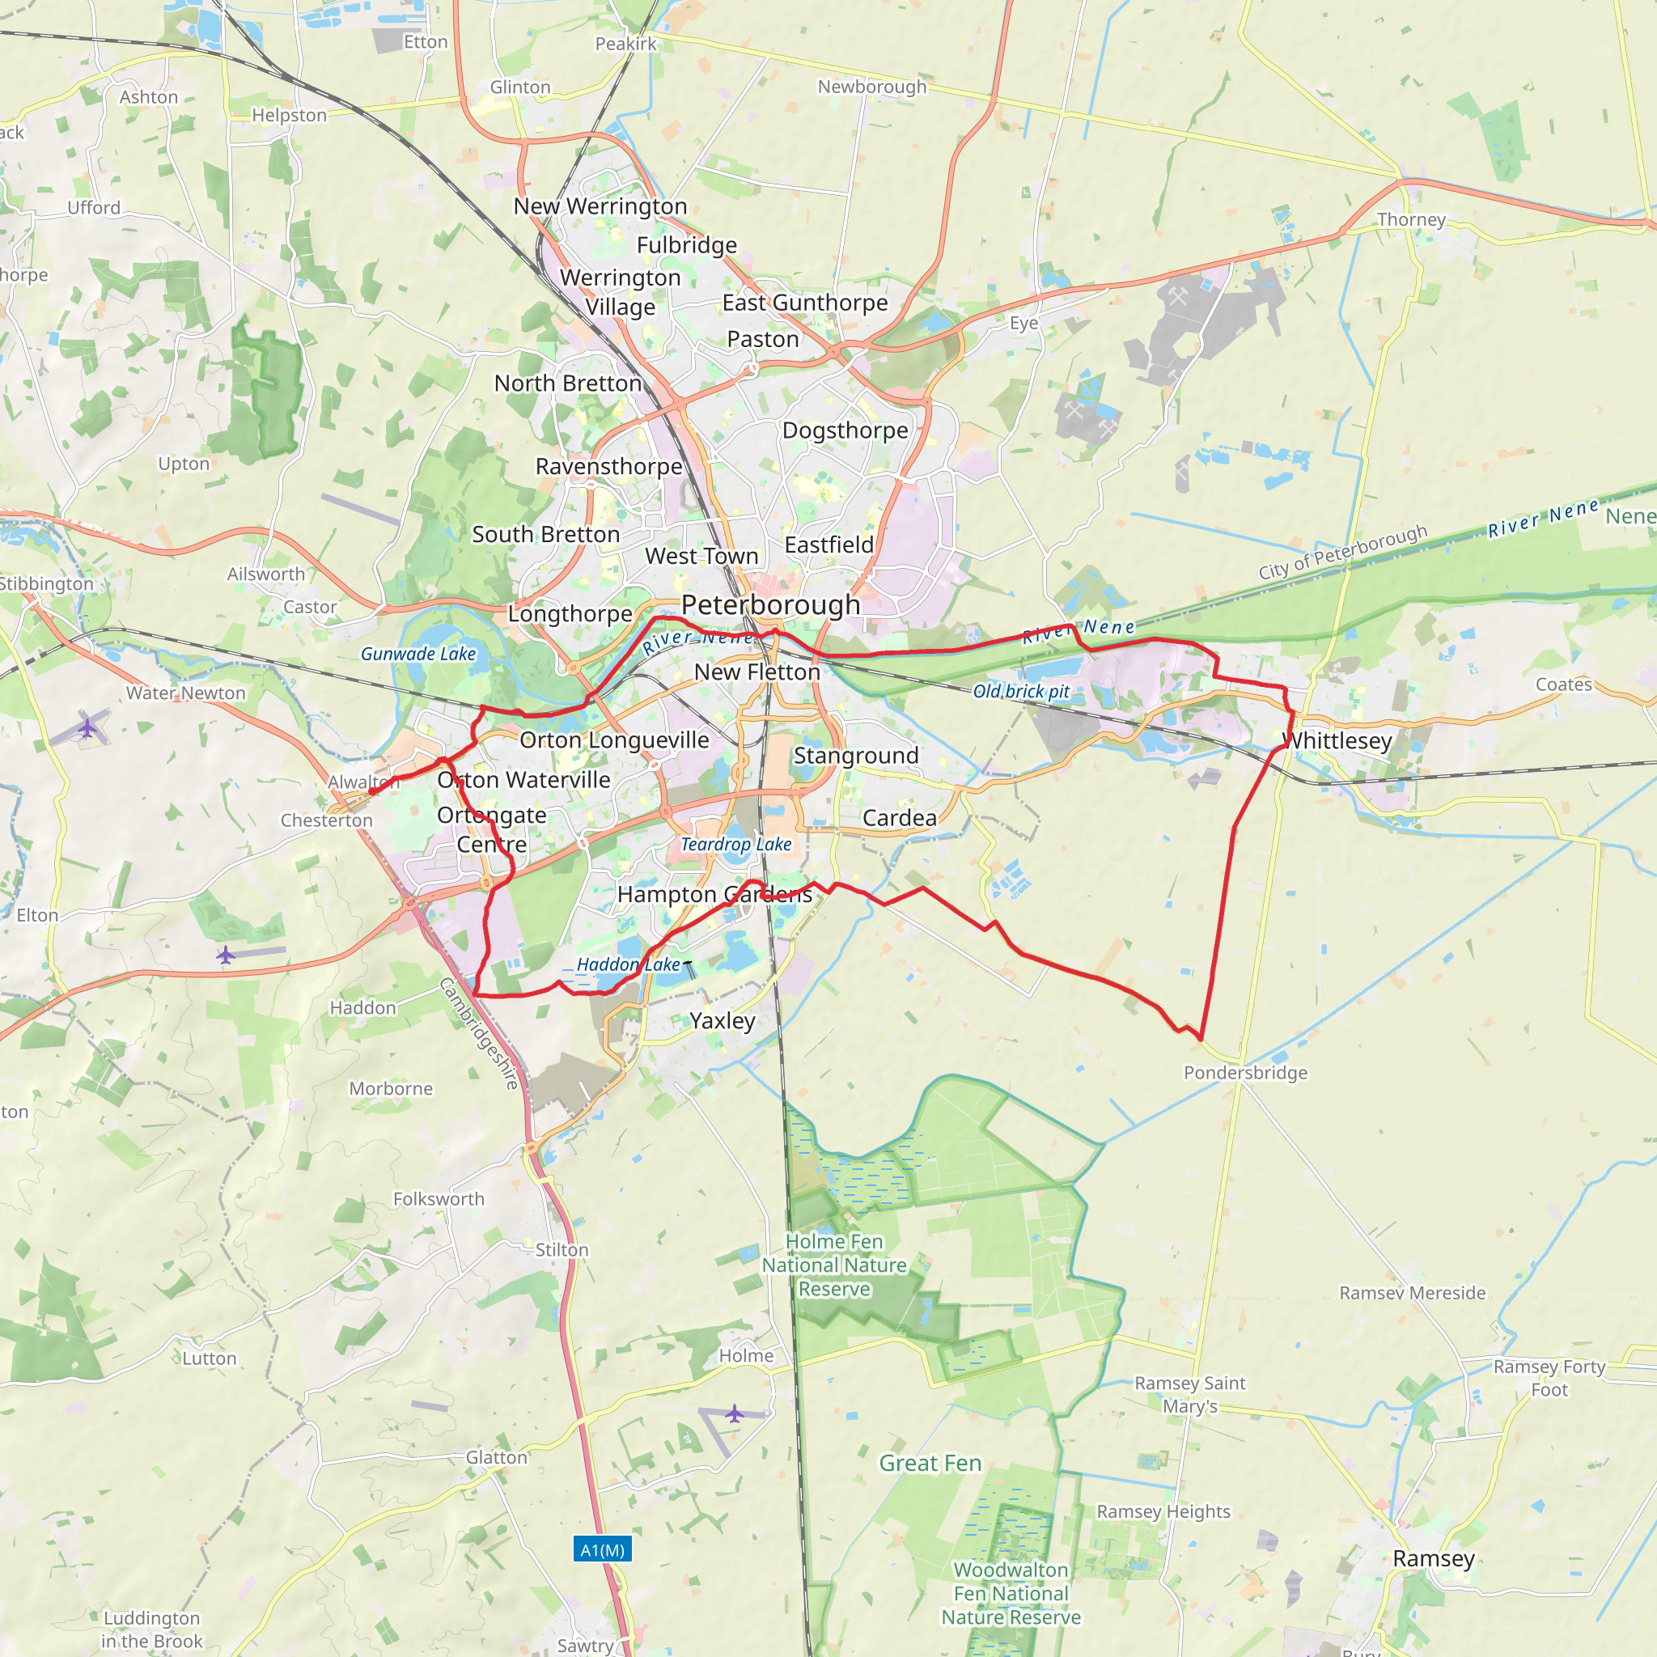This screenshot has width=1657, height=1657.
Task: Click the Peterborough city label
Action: pyautogui.click(x=770, y=604)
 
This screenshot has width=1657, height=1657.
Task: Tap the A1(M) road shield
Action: pyautogui.click(x=602, y=1549)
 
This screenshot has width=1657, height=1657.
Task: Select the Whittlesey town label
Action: pyautogui.click(x=1337, y=740)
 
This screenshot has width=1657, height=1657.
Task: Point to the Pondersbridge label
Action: pyautogui.click(x=1245, y=1073)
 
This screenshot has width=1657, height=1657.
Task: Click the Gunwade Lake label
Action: pyautogui.click(x=417, y=654)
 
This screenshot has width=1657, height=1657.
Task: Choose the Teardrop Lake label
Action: pyautogui.click(x=736, y=844)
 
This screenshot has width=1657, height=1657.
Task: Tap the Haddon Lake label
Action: pyautogui.click(x=629, y=964)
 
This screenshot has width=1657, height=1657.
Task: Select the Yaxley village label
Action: pyautogui.click(x=723, y=1020)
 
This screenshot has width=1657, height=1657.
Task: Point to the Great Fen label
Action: pyautogui.click(x=930, y=1463)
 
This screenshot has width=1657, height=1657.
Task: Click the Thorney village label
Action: pyautogui.click(x=1411, y=219)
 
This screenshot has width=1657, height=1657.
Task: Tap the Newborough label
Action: pyautogui.click(x=872, y=87)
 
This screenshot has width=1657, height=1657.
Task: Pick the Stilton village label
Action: pyautogui.click(x=562, y=1249)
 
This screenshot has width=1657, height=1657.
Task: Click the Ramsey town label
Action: pyautogui.click(x=1433, y=1558)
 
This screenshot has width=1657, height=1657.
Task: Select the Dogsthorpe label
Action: pyautogui.click(x=845, y=430)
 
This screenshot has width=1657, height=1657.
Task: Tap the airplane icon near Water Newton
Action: pyautogui.click(x=87, y=728)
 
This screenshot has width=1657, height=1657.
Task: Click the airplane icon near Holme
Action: pyautogui.click(x=734, y=1413)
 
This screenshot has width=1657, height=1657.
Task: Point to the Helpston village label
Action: pyautogui.click(x=289, y=115)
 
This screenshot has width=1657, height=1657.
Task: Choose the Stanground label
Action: pyautogui.click(x=856, y=756)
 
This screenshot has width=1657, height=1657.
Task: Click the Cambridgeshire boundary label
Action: pyautogui.click(x=480, y=1033)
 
